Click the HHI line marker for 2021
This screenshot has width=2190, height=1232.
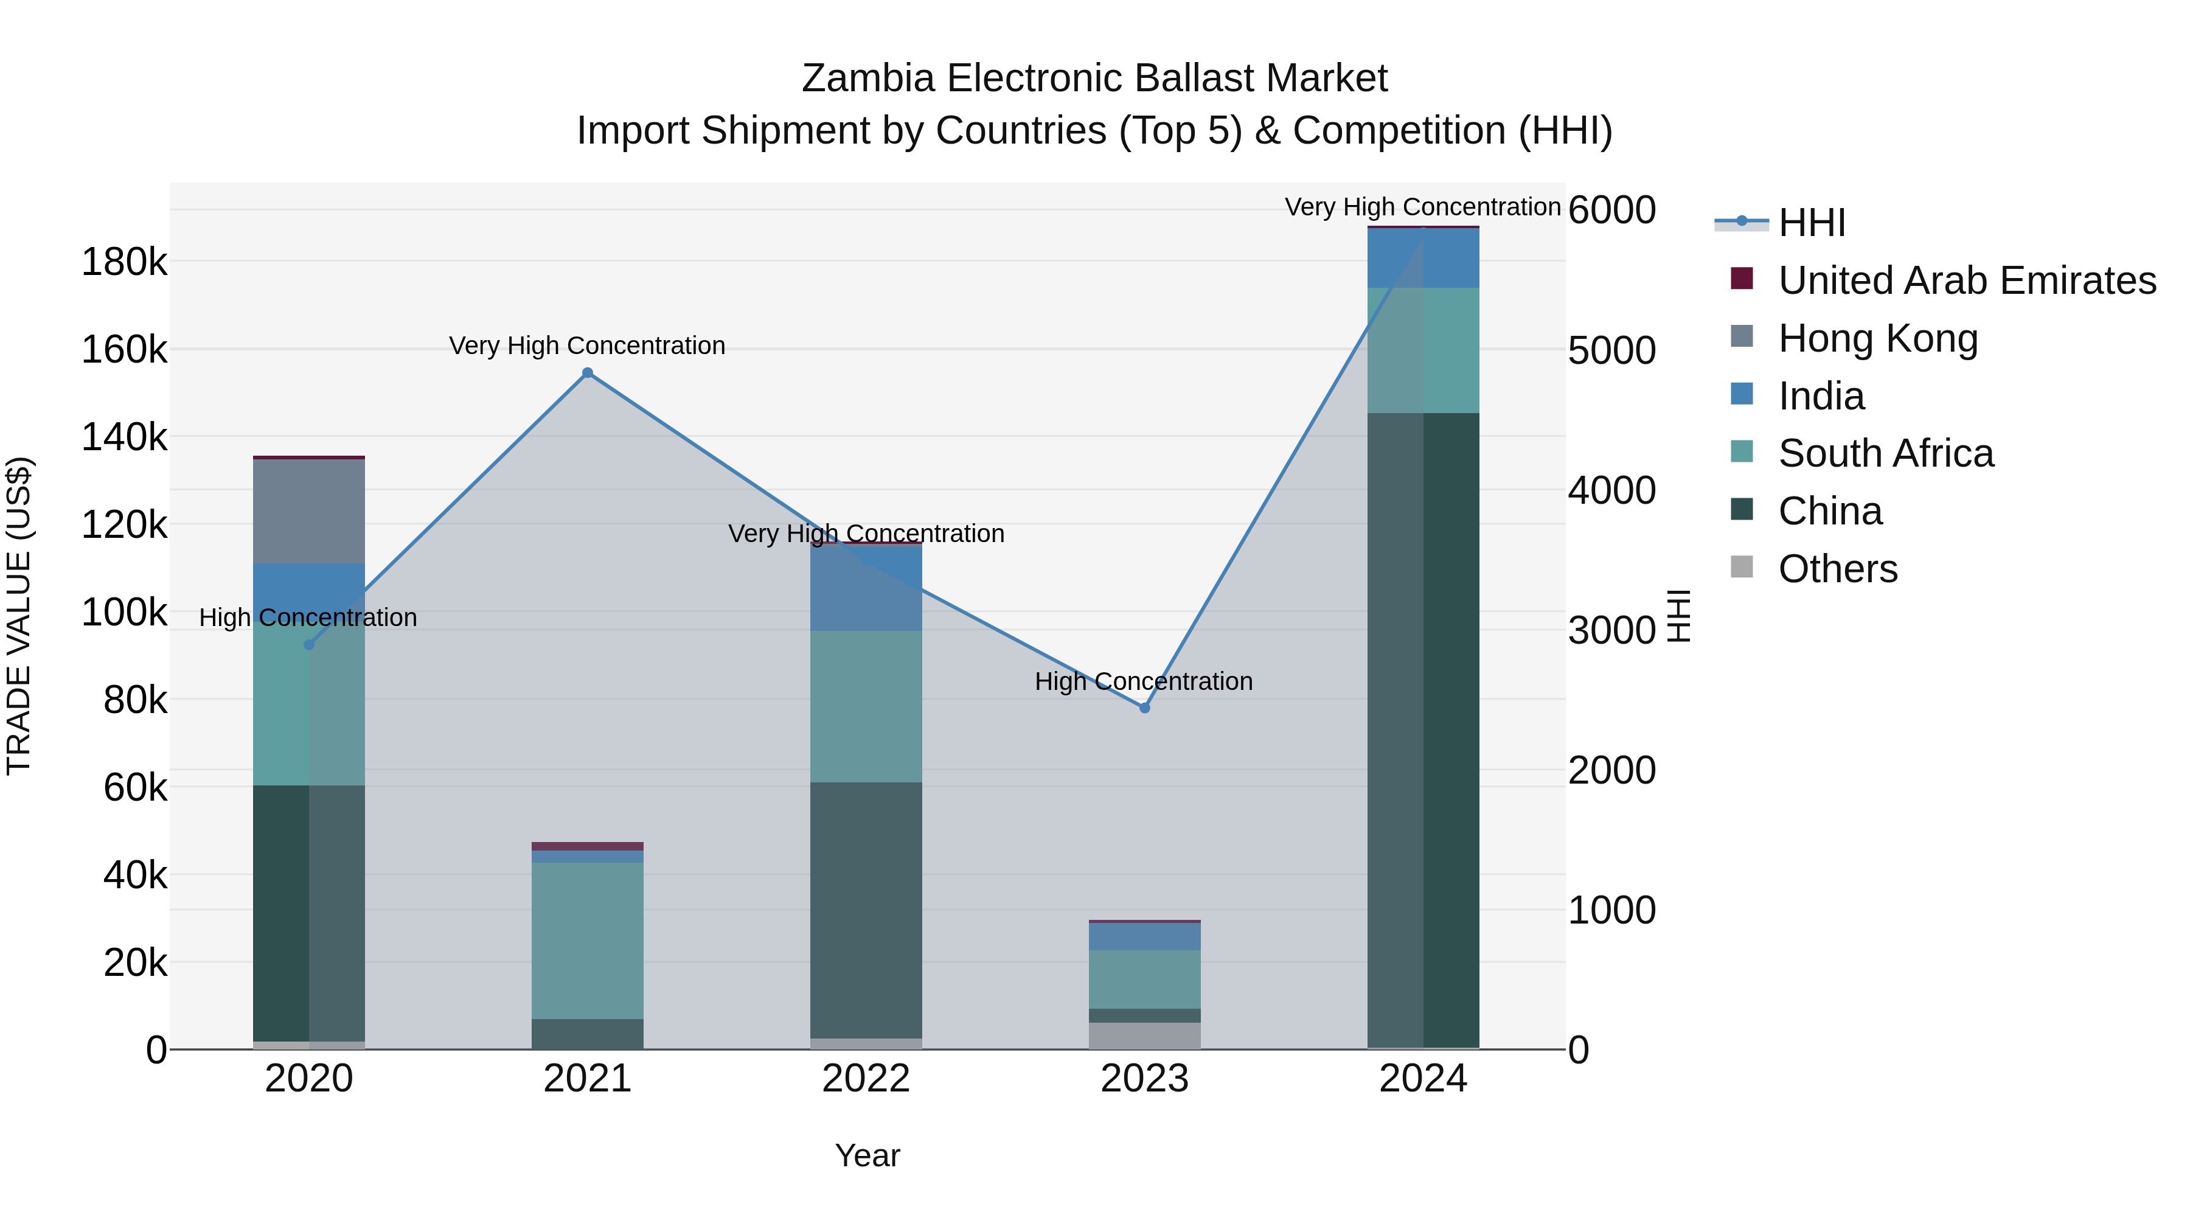588,374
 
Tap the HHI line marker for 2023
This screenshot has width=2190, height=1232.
1144,708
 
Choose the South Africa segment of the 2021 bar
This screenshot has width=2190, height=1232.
588,941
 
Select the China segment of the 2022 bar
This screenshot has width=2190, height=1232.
866,910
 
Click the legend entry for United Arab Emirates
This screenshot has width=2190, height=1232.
1966,280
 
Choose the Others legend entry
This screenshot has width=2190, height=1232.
1837,569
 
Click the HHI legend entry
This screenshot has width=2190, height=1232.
1811,223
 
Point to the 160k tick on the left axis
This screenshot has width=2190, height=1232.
124,349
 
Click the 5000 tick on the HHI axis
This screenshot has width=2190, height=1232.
1611,350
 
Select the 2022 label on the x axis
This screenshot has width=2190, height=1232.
866,1079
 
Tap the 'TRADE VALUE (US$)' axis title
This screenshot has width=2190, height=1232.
19,616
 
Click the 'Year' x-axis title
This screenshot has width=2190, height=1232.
867,1155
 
